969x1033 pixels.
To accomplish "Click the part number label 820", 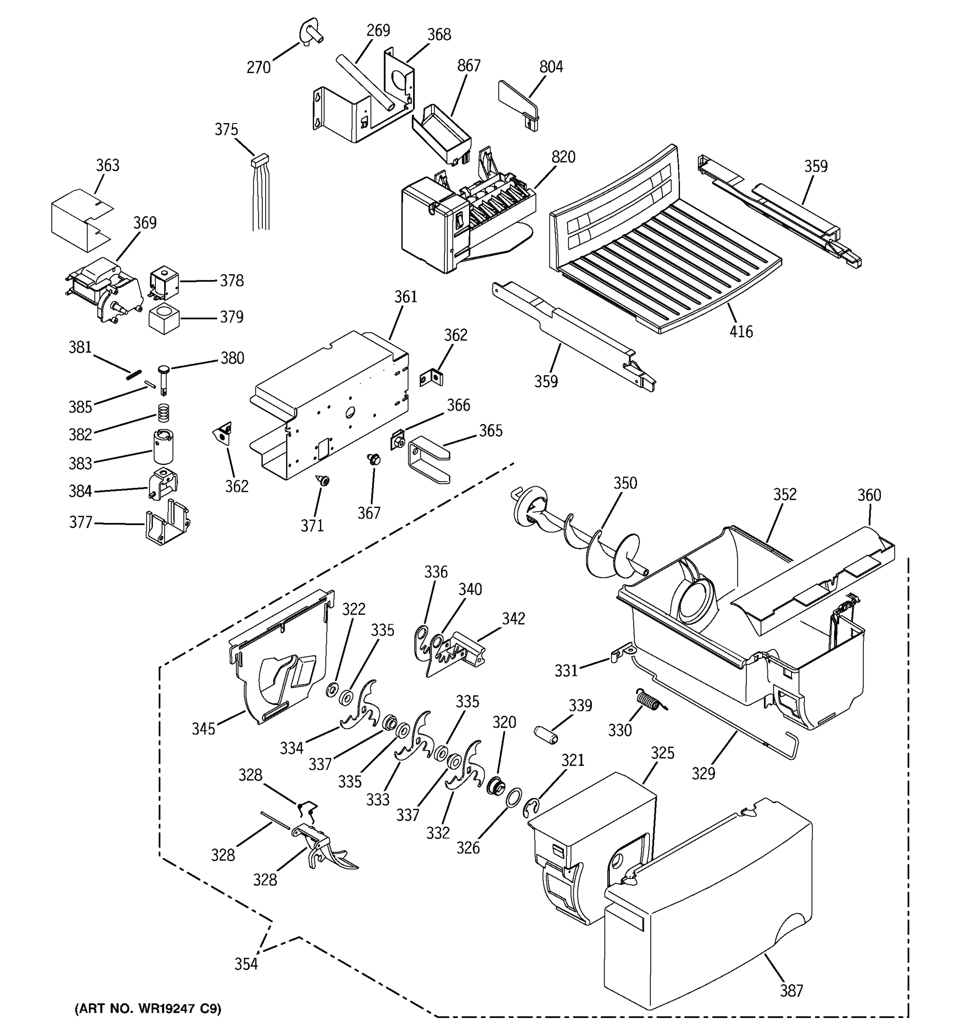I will (563, 157).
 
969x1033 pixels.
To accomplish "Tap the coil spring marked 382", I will (164, 414).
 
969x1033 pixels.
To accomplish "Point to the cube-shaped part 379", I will (164, 319).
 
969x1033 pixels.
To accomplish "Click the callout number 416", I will (741, 331).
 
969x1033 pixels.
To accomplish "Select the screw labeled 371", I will (324, 481).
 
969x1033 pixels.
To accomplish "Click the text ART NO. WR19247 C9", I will (148, 1008).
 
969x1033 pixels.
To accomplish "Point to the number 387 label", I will (791, 991).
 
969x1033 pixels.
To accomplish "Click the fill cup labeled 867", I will (442, 133).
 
